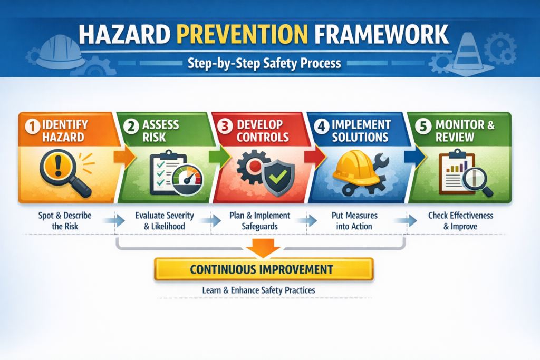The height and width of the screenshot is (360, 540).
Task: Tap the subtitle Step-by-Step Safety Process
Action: pos(265,64)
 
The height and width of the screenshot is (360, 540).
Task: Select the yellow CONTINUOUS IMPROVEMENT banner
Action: pos(263,269)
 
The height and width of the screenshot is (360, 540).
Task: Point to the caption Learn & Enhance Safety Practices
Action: pos(262,290)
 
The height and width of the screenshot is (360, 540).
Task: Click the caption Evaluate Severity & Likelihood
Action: pos(165,220)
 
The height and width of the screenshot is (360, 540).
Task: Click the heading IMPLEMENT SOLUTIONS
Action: pos(360,131)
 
